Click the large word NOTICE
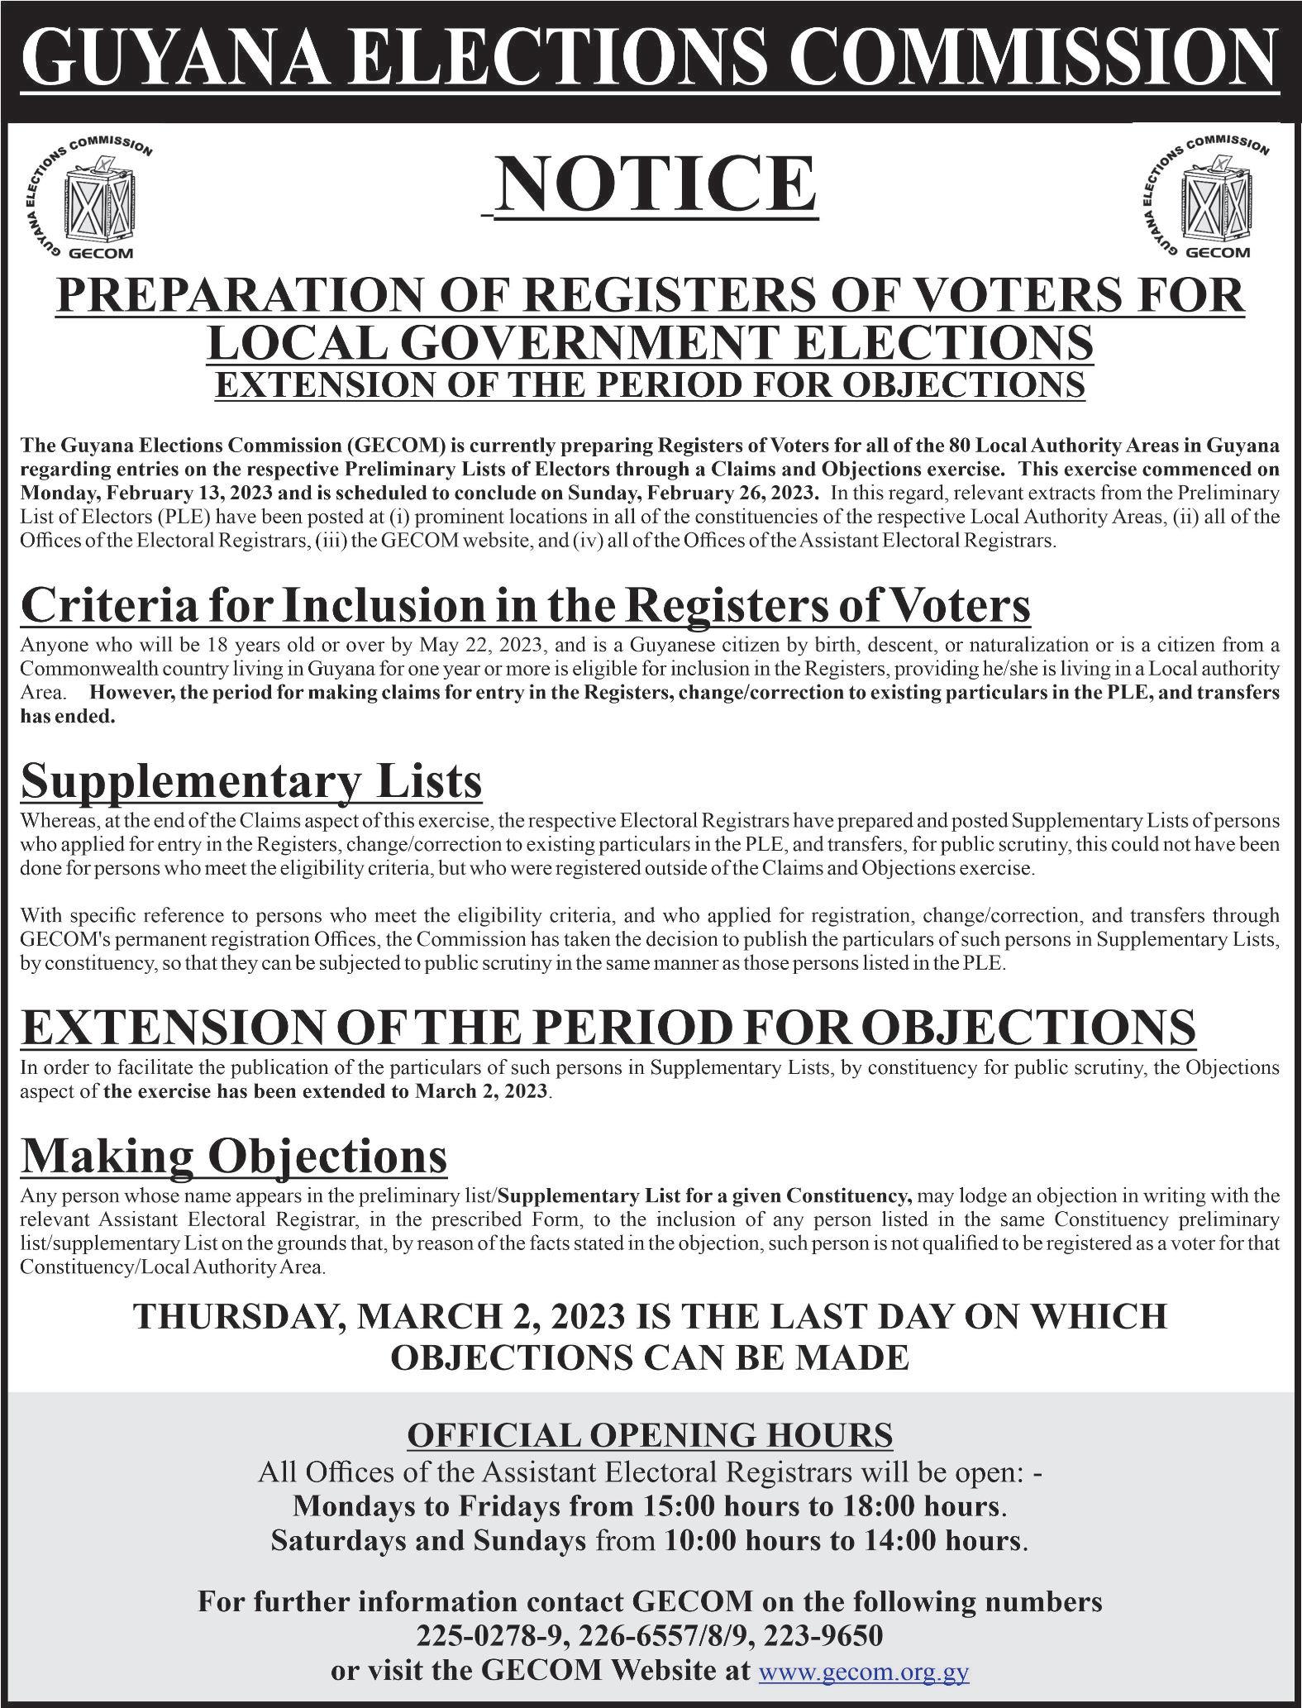tap(657, 185)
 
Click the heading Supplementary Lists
tap(251, 780)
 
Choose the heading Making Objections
tap(234, 1156)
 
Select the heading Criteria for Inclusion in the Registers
tap(525, 606)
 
